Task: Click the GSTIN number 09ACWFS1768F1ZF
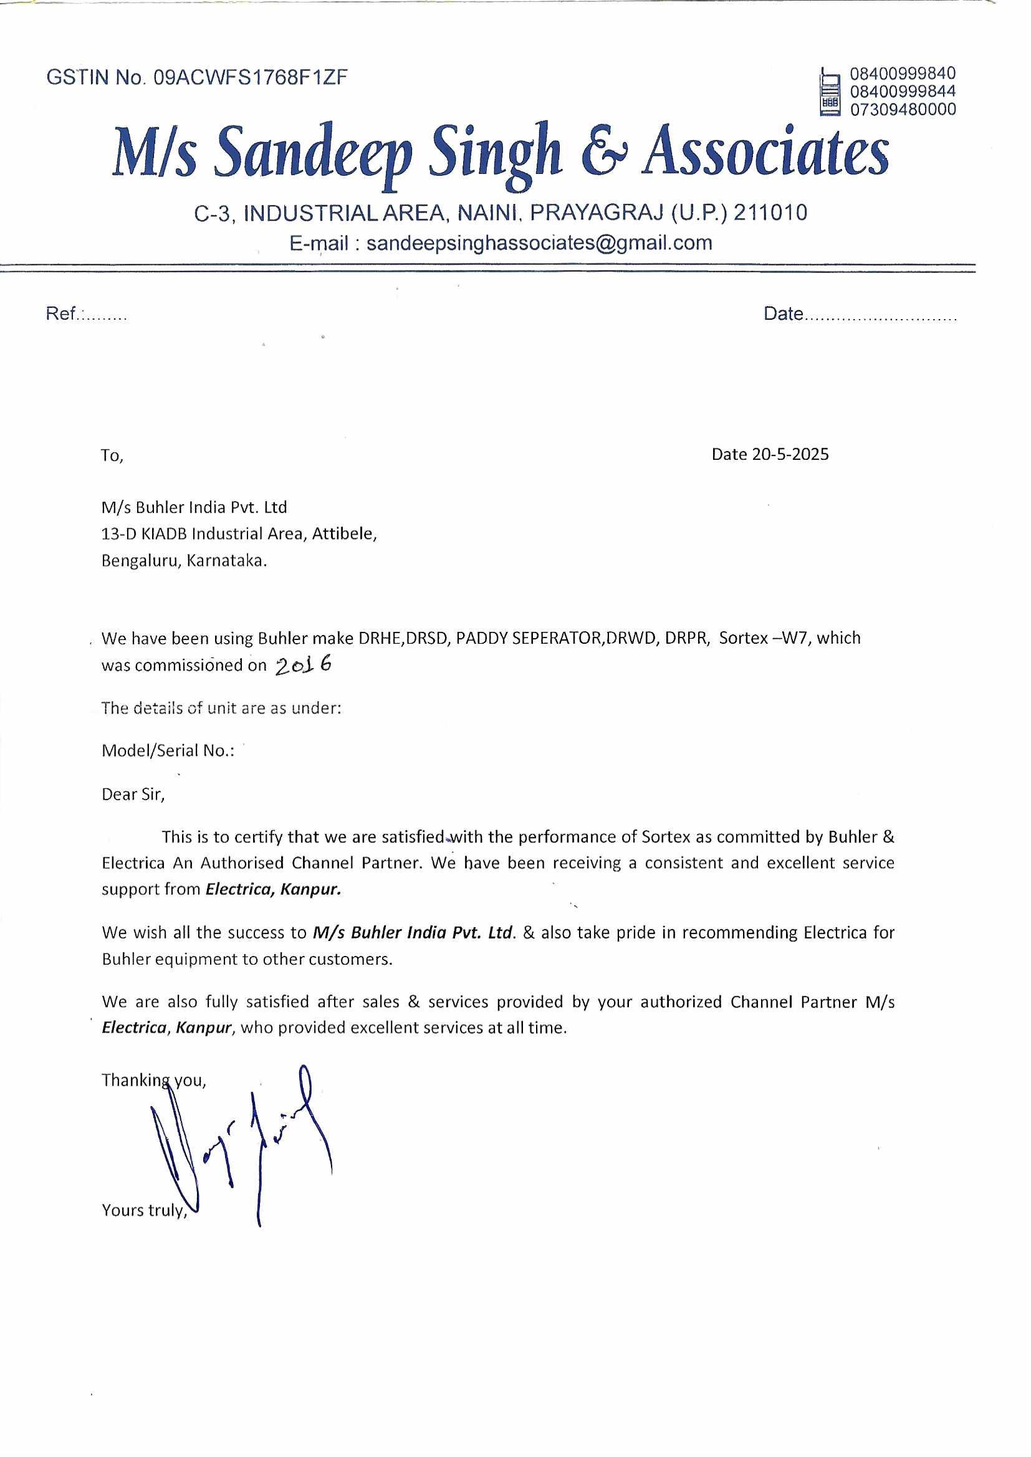click(x=251, y=77)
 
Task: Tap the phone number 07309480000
click(x=903, y=110)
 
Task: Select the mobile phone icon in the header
click(x=830, y=92)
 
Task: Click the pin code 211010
click(x=770, y=213)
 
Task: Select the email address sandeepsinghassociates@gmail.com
click(x=539, y=243)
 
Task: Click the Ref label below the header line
click(x=61, y=313)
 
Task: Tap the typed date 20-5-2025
click(x=790, y=454)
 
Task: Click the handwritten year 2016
click(x=304, y=664)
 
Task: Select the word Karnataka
click(x=227, y=561)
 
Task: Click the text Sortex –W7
click(x=765, y=638)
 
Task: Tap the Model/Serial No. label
click(x=168, y=751)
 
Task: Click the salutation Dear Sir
click(x=133, y=795)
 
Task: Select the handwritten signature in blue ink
click(x=241, y=1142)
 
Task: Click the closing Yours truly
click(x=144, y=1210)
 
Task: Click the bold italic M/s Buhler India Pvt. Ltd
click(x=413, y=933)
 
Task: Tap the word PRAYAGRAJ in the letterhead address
click(x=597, y=213)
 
